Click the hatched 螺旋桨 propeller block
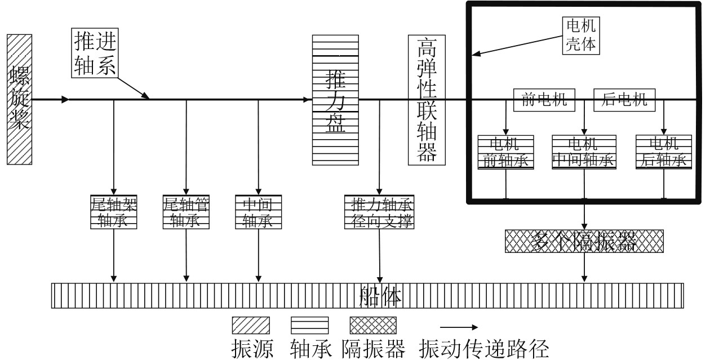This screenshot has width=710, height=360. pyautogui.click(x=20, y=99)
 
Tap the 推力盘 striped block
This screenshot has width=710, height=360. pyautogui.click(x=335, y=100)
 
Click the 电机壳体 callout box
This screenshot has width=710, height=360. pyautogui.click(x=580, y=35)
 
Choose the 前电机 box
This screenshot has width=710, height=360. pyautogui.click(x=544, y=101)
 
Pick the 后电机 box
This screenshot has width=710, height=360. pyautogui.click(x=625, y=101)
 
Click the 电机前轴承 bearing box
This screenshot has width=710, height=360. pyautogui.click(x=505, y=152)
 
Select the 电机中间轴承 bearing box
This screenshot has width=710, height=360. pyautogui.click(x=584, y=152)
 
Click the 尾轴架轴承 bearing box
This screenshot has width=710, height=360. pyautogui.click(x=114, y=212)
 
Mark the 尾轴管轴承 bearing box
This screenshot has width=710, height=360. pyautogui.click(x=186, y=212)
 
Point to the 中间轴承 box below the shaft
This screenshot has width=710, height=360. pyautogui.click(x=258, y=212)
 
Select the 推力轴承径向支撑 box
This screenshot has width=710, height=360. pyautogui.click(x=379, y=212)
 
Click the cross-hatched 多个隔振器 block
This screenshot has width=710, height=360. pyautogui.click(x=584, y=241)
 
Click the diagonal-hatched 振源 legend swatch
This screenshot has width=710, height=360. pyautogui.click(x=251, y=326)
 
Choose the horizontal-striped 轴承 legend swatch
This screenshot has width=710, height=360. pyautogui.click(x=309, y=326)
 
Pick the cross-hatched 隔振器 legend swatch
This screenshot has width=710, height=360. pyautogui.click(x=373, y=326)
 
